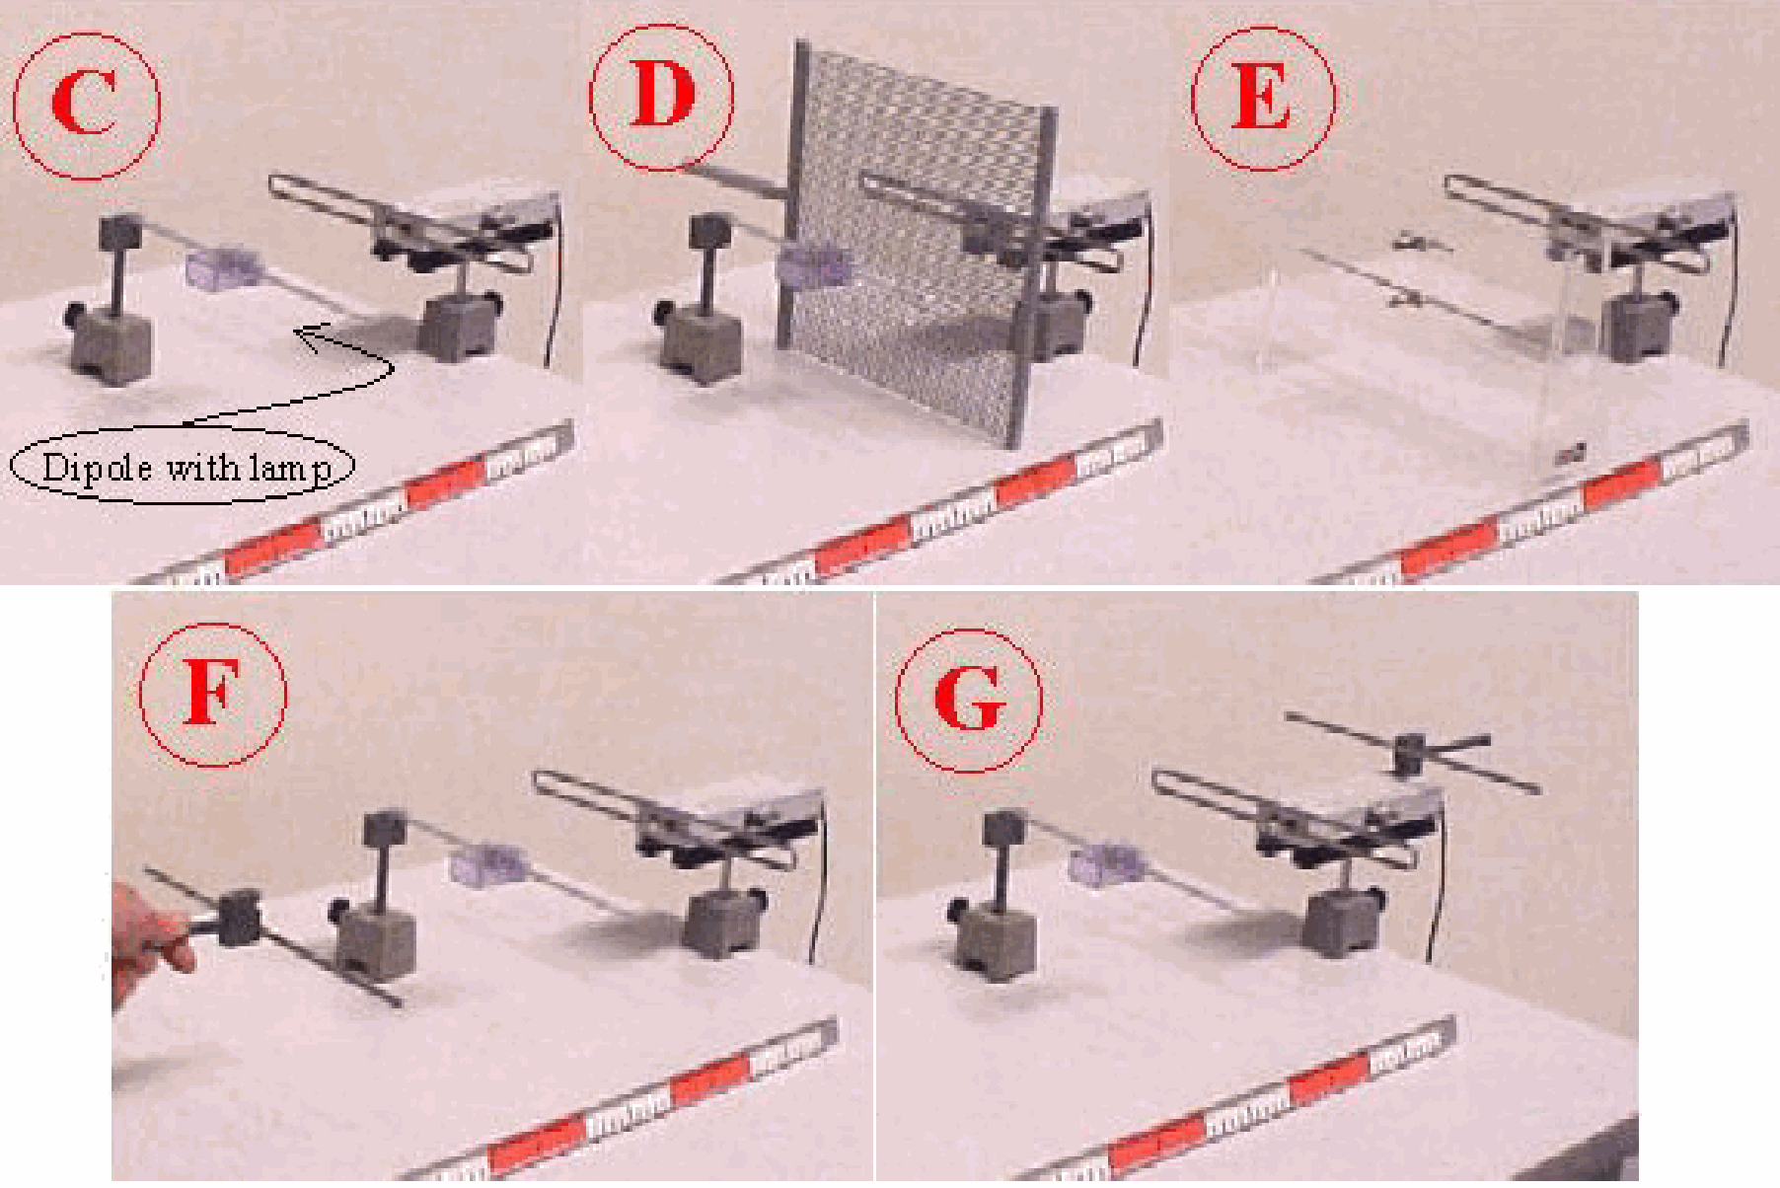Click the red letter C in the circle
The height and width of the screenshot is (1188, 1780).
click(84, 103)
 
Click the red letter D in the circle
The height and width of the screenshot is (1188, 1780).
click(662, 95)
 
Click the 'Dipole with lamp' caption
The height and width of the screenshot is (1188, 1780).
click(185, 467)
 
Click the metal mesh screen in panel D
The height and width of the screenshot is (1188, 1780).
click(918, 242)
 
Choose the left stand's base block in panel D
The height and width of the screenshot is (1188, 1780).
click(701, 340)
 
